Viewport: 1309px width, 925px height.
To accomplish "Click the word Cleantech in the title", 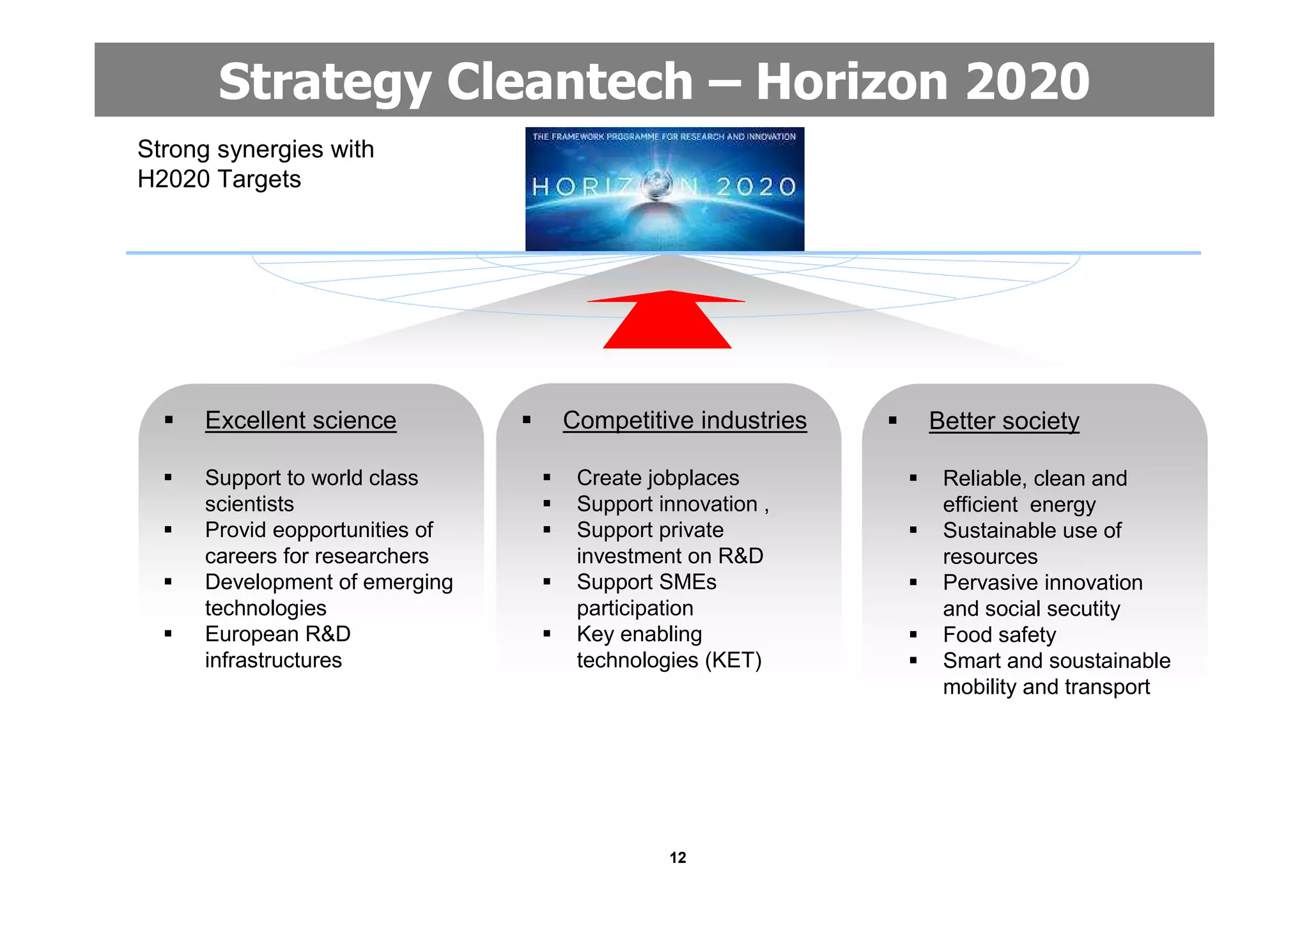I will coord(569,81).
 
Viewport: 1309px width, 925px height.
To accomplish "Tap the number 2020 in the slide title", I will coord(1027,81).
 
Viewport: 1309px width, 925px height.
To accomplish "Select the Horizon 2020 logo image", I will coord(665,189).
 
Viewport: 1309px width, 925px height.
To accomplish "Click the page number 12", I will coord(678,857).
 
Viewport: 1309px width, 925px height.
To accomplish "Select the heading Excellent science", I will coord(300,421).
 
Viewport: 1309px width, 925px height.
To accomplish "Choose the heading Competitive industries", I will coord(685,421).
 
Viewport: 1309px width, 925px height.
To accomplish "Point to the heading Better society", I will coord(1003,421).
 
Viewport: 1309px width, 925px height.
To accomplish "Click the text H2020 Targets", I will coord(219,179).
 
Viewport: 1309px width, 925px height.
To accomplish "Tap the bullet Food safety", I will coord(999,635).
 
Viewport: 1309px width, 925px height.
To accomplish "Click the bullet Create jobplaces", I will coord(658,478).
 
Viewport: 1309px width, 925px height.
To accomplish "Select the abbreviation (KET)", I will coord(733,660).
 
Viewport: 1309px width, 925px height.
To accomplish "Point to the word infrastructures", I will coord(273,660).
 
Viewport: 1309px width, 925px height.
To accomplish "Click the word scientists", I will coord(249,504).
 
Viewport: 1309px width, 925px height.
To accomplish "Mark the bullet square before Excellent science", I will coord(169,420).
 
